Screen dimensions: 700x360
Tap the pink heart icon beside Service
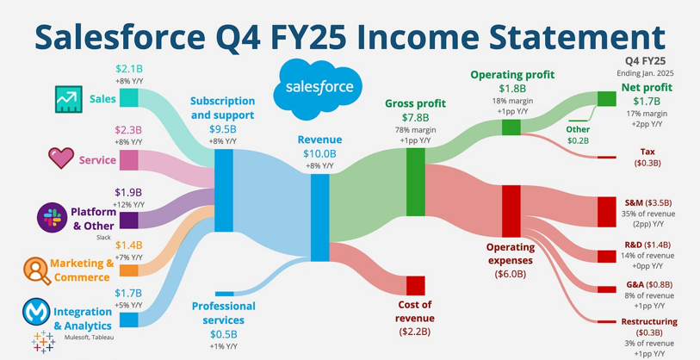pyautogui.click(x=61, y=158)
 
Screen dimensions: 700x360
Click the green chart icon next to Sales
pyautogui.click(x=69, y=99)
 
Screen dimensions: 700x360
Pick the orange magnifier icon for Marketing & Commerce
pyautogui.click(x=38, y=270)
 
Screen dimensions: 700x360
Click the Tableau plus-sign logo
pyautogui.click(x=43, y=342)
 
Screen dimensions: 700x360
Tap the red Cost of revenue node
pyautogui.click(x=415, y=286)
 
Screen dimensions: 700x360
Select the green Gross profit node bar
pyautogui.click(x=415, y=183)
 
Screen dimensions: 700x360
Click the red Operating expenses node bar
pyautogui.click(x=511, y=211)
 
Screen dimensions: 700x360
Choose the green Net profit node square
pyautogui.click(x=607, y=99)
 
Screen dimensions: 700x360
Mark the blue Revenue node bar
pyautogui.click(x=319, y=218)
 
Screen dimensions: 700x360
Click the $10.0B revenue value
pyautogui.click(x=319, y=154)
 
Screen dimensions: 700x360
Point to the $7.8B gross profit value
pyautogui.click(x=416, y=118)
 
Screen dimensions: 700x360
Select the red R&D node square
pyautogui.click(x=607, y=257)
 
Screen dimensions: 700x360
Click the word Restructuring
pyautogui.click(x=649, y=321)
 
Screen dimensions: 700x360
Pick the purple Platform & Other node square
pyautogui.click(x=128, y=220)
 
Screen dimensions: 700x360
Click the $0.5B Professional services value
pyautogui.click(x=224, y=334)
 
